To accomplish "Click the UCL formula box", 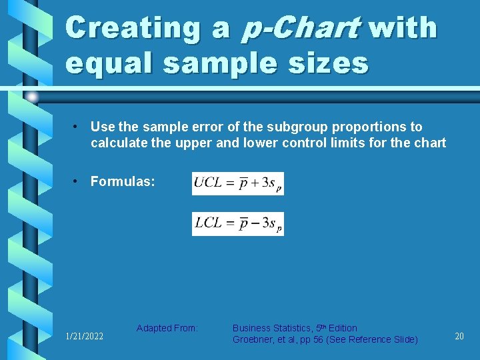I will tap(238, 183).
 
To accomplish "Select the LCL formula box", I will tap(238, 223).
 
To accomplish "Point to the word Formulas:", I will tap(123, 181).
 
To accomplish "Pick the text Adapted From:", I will tap(167, 328).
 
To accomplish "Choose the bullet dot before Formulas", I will tap(77, 181).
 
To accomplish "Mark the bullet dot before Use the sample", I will tap(77, 127).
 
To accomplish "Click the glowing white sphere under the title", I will tap(32, 97).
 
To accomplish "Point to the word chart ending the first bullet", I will tap(430, 143).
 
